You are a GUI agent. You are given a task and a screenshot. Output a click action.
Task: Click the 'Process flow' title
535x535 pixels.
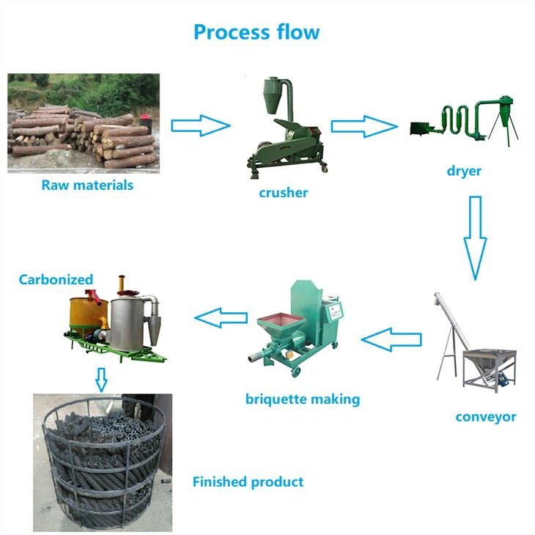click(257, 32)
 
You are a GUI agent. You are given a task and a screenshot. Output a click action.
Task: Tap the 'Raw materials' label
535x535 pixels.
click(87, 185)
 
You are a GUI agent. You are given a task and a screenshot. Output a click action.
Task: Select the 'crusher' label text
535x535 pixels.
click(283, 193)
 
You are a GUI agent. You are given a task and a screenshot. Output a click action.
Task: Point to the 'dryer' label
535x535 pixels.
click(463, 171)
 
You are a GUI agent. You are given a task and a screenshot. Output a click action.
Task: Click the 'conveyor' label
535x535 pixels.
click(485, 416)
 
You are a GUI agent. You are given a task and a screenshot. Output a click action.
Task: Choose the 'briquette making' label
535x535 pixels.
click(302, 399)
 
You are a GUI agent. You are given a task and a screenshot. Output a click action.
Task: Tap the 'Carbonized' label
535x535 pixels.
click(56, 279)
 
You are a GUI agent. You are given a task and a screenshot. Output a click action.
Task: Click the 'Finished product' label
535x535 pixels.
click(248, 481)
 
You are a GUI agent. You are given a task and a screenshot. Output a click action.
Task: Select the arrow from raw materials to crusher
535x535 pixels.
click(200, 125)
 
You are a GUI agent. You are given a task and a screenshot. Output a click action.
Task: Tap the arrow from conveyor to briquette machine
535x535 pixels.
click(392, 339)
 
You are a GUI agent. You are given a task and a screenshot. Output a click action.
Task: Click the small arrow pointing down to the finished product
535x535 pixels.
click(101, 380)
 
